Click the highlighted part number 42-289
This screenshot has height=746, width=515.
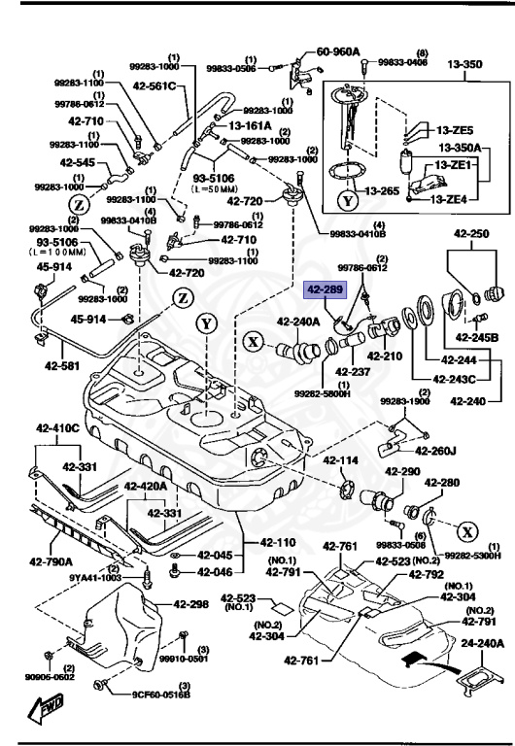coord(324,289)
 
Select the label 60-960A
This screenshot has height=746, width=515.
coord(337,51)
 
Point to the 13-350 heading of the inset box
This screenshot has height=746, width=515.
coord(464,66)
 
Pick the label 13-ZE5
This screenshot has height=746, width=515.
coord(454,130)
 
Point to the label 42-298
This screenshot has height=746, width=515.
coord(190,604)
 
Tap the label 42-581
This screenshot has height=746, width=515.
coord(63,367)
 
